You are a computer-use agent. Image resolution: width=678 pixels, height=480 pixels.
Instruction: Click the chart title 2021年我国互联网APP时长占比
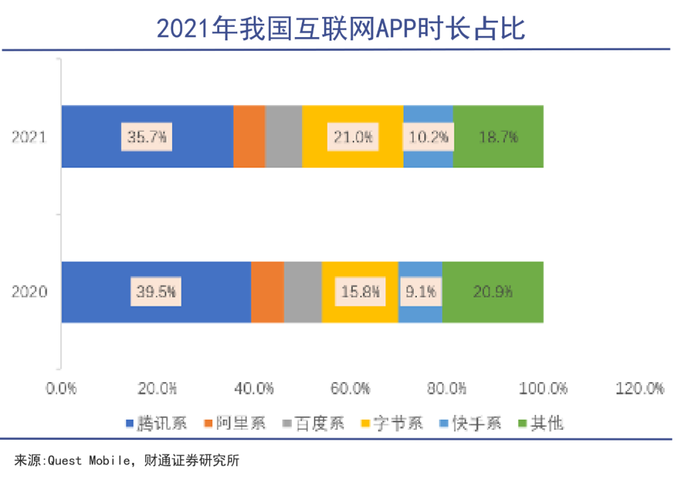coord(340,29)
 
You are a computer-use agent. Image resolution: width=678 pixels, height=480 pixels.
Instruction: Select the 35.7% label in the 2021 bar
coord(146,137)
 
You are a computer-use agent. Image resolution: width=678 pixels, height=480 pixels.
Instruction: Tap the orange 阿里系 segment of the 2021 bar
coord(249,137)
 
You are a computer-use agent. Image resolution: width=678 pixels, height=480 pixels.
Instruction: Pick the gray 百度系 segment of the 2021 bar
coord(283,137)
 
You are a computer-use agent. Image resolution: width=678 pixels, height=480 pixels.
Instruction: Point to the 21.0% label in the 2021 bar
coord(353,137)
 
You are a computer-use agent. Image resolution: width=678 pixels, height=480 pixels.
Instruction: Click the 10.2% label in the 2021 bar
coord(428,137)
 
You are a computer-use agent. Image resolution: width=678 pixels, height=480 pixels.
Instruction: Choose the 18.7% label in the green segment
coord(498,137)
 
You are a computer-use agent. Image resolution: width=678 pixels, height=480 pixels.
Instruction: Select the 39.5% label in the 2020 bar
coord(156,292)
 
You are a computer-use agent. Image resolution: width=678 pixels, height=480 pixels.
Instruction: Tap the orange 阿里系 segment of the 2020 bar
coord(267,292)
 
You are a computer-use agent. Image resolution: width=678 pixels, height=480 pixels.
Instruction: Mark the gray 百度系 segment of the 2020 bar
coord(303,292)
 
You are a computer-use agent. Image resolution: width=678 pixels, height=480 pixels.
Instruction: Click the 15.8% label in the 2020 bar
coord(360,292)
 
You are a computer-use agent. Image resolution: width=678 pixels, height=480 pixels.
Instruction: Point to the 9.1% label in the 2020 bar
coord(420,292)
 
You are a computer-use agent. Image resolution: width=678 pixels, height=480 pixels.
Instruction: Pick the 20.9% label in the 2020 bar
coord(493,292)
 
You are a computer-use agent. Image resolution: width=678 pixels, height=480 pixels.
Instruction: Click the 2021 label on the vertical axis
coord(30,137)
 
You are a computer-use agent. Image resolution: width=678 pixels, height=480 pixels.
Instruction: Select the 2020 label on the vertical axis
coord(30,292)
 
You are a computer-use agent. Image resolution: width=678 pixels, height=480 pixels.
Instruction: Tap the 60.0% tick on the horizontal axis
coord(351,389)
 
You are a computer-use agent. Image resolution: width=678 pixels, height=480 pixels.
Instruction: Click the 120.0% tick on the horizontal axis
coord(640,389)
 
